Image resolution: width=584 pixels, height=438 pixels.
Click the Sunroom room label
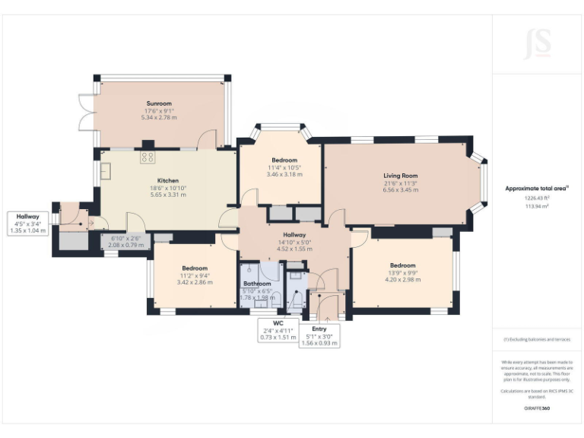[159, 103]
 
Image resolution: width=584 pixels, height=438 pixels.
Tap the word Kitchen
[168, 180]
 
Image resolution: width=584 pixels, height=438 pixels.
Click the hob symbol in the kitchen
[148, 158]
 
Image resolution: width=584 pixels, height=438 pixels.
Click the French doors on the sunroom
[85, 114]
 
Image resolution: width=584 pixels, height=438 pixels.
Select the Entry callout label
[319, 328]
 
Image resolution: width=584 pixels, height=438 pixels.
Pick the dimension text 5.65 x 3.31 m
[168, 195]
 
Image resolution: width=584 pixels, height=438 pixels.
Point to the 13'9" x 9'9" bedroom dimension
[403, 272]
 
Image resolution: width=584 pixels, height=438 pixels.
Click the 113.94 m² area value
[537, 205]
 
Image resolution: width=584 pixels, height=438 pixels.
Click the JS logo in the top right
[537, 45]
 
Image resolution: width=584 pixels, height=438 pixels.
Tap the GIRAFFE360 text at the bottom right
[537, 408]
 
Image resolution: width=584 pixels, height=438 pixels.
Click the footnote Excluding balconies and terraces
[537, 339]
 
